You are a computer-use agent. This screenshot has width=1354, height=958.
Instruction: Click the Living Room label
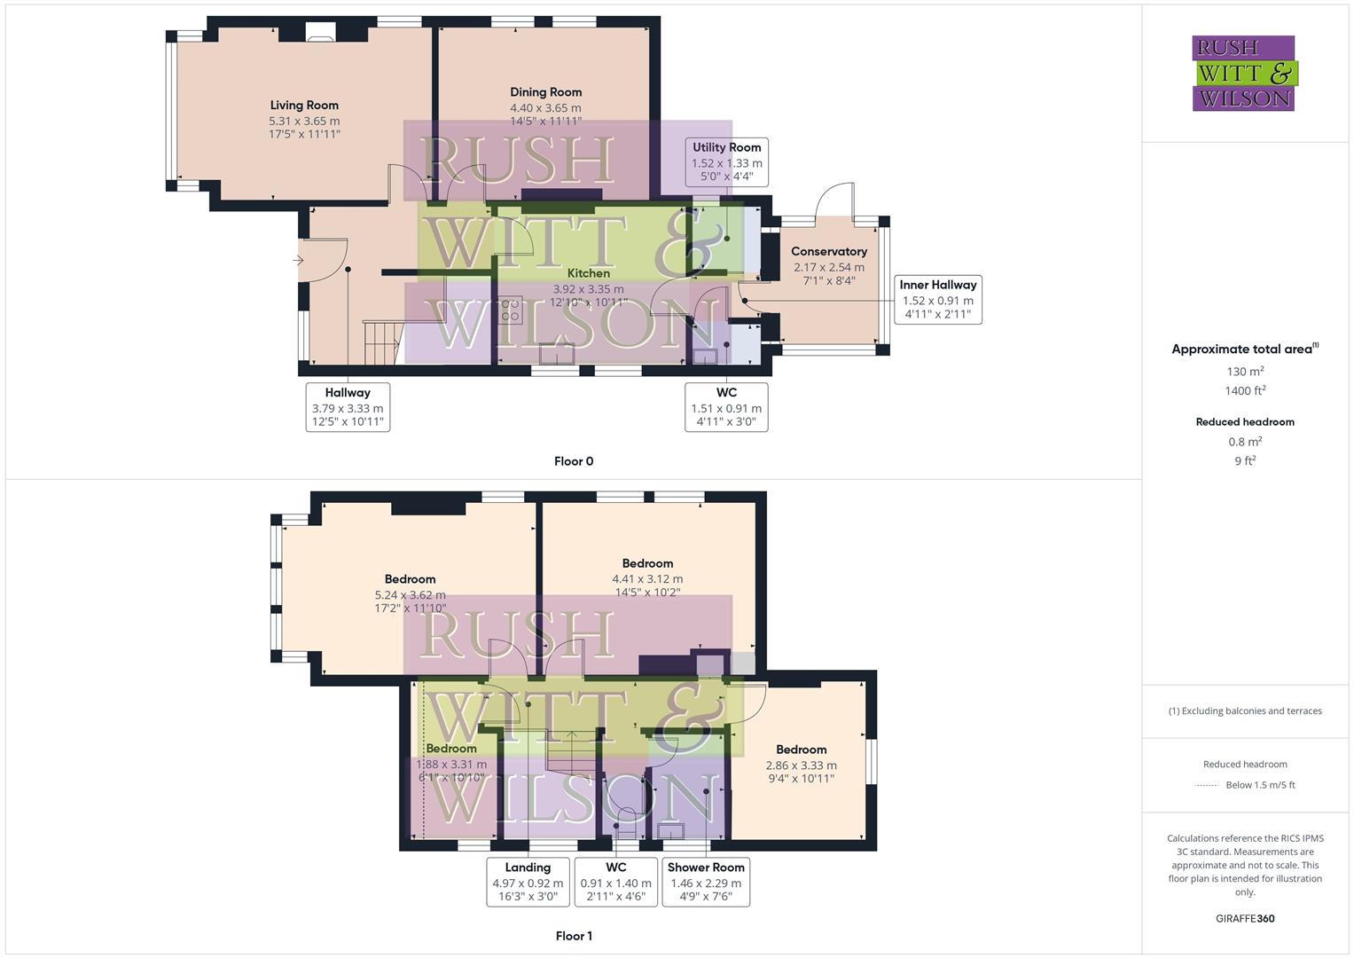point(304,106)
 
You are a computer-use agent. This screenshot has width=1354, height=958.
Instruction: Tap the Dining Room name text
point(545,92)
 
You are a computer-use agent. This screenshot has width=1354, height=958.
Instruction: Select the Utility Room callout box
point(726,161)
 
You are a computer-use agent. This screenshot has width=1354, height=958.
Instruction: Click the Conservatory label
point(828,252)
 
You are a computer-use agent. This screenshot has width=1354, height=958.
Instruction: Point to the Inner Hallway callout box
point(937,299)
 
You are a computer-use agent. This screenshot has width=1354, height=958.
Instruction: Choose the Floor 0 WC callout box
point(726,407)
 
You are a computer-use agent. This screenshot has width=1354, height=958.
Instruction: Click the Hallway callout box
point(348,407)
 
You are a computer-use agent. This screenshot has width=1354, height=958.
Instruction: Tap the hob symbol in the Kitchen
point(510,310)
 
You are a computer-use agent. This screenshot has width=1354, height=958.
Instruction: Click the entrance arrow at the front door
point(298,260)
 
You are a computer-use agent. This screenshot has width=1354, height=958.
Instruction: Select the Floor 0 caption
point(574,461)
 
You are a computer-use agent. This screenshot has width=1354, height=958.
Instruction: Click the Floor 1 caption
point(574,936)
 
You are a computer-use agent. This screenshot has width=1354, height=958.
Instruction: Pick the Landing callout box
point(528,882)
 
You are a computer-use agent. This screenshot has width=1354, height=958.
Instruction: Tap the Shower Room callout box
point(706,882)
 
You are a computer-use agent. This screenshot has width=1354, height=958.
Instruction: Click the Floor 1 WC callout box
point(615,882)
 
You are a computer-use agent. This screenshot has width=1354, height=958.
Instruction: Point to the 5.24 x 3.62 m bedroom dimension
point(410,595)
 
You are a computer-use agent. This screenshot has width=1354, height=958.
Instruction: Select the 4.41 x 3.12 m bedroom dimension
point(647,579)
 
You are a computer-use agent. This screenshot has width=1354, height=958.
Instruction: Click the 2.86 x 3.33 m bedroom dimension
point(801,766)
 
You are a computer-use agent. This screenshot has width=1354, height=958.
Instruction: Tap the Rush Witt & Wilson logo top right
point(1244,74)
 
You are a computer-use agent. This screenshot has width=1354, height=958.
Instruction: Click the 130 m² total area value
point(1244,372)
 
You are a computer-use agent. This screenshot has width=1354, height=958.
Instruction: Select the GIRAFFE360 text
point(1244,919)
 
